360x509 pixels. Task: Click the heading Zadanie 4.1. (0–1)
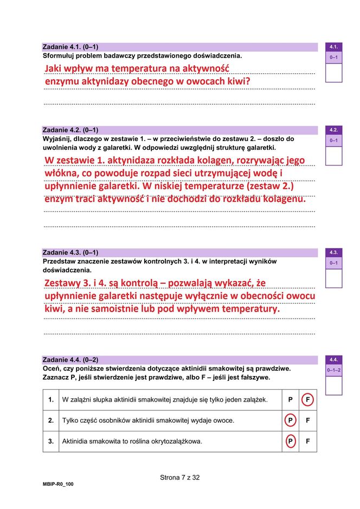coord(70,47)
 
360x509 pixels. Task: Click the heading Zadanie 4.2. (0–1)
coord(70,130)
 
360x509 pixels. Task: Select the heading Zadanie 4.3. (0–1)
coord(70,253)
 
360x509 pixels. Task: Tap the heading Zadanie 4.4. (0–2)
coord(70,360)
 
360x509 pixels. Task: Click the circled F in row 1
coord(307,400)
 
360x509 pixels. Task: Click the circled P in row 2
coord(290,421)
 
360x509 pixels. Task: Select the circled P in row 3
coord(290,442)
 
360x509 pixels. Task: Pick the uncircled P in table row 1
coord(290,400)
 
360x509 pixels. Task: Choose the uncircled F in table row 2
coord(307,421)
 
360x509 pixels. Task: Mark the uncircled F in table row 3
coord(307,442)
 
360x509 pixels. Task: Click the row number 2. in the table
coord(51,421)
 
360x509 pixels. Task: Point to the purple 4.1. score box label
coord(333,47)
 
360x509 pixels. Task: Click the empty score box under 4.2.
coord(333,156)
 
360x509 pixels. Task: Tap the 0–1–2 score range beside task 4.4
coord(333,370)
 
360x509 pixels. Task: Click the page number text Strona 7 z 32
coord(180,478)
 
